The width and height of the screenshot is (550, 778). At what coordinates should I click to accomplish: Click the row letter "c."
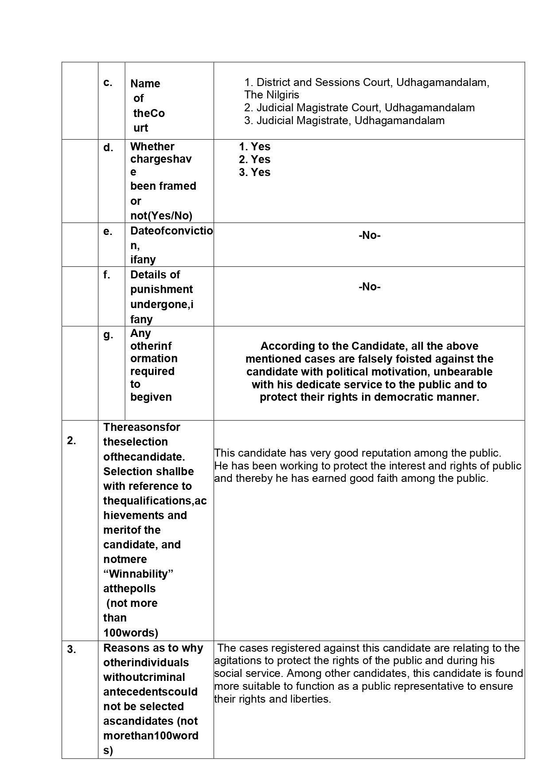point(108,83)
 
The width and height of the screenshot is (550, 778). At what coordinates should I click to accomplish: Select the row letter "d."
point(108,148)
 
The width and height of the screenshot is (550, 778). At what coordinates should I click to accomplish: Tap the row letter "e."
point(108,231)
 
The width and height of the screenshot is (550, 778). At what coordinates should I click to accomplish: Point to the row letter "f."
point(107,275)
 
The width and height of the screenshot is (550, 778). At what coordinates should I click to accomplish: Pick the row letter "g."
point(108,335)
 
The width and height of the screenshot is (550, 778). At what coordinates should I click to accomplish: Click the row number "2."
point(71,441)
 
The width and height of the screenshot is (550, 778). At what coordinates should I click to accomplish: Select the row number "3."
point(71,649)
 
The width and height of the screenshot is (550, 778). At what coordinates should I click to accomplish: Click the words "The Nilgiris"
point(271,95)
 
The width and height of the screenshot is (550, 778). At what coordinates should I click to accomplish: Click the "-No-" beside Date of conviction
point(369,235)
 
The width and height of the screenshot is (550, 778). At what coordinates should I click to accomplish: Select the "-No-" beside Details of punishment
point(369,287)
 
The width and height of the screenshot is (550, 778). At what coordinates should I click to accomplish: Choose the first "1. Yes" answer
point(254,147)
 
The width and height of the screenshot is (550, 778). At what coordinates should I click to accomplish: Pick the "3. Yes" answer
point(254,172)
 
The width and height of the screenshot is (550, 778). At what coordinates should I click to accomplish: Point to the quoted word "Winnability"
point(138,574)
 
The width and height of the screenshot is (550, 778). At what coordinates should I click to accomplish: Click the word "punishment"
point(161,289)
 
